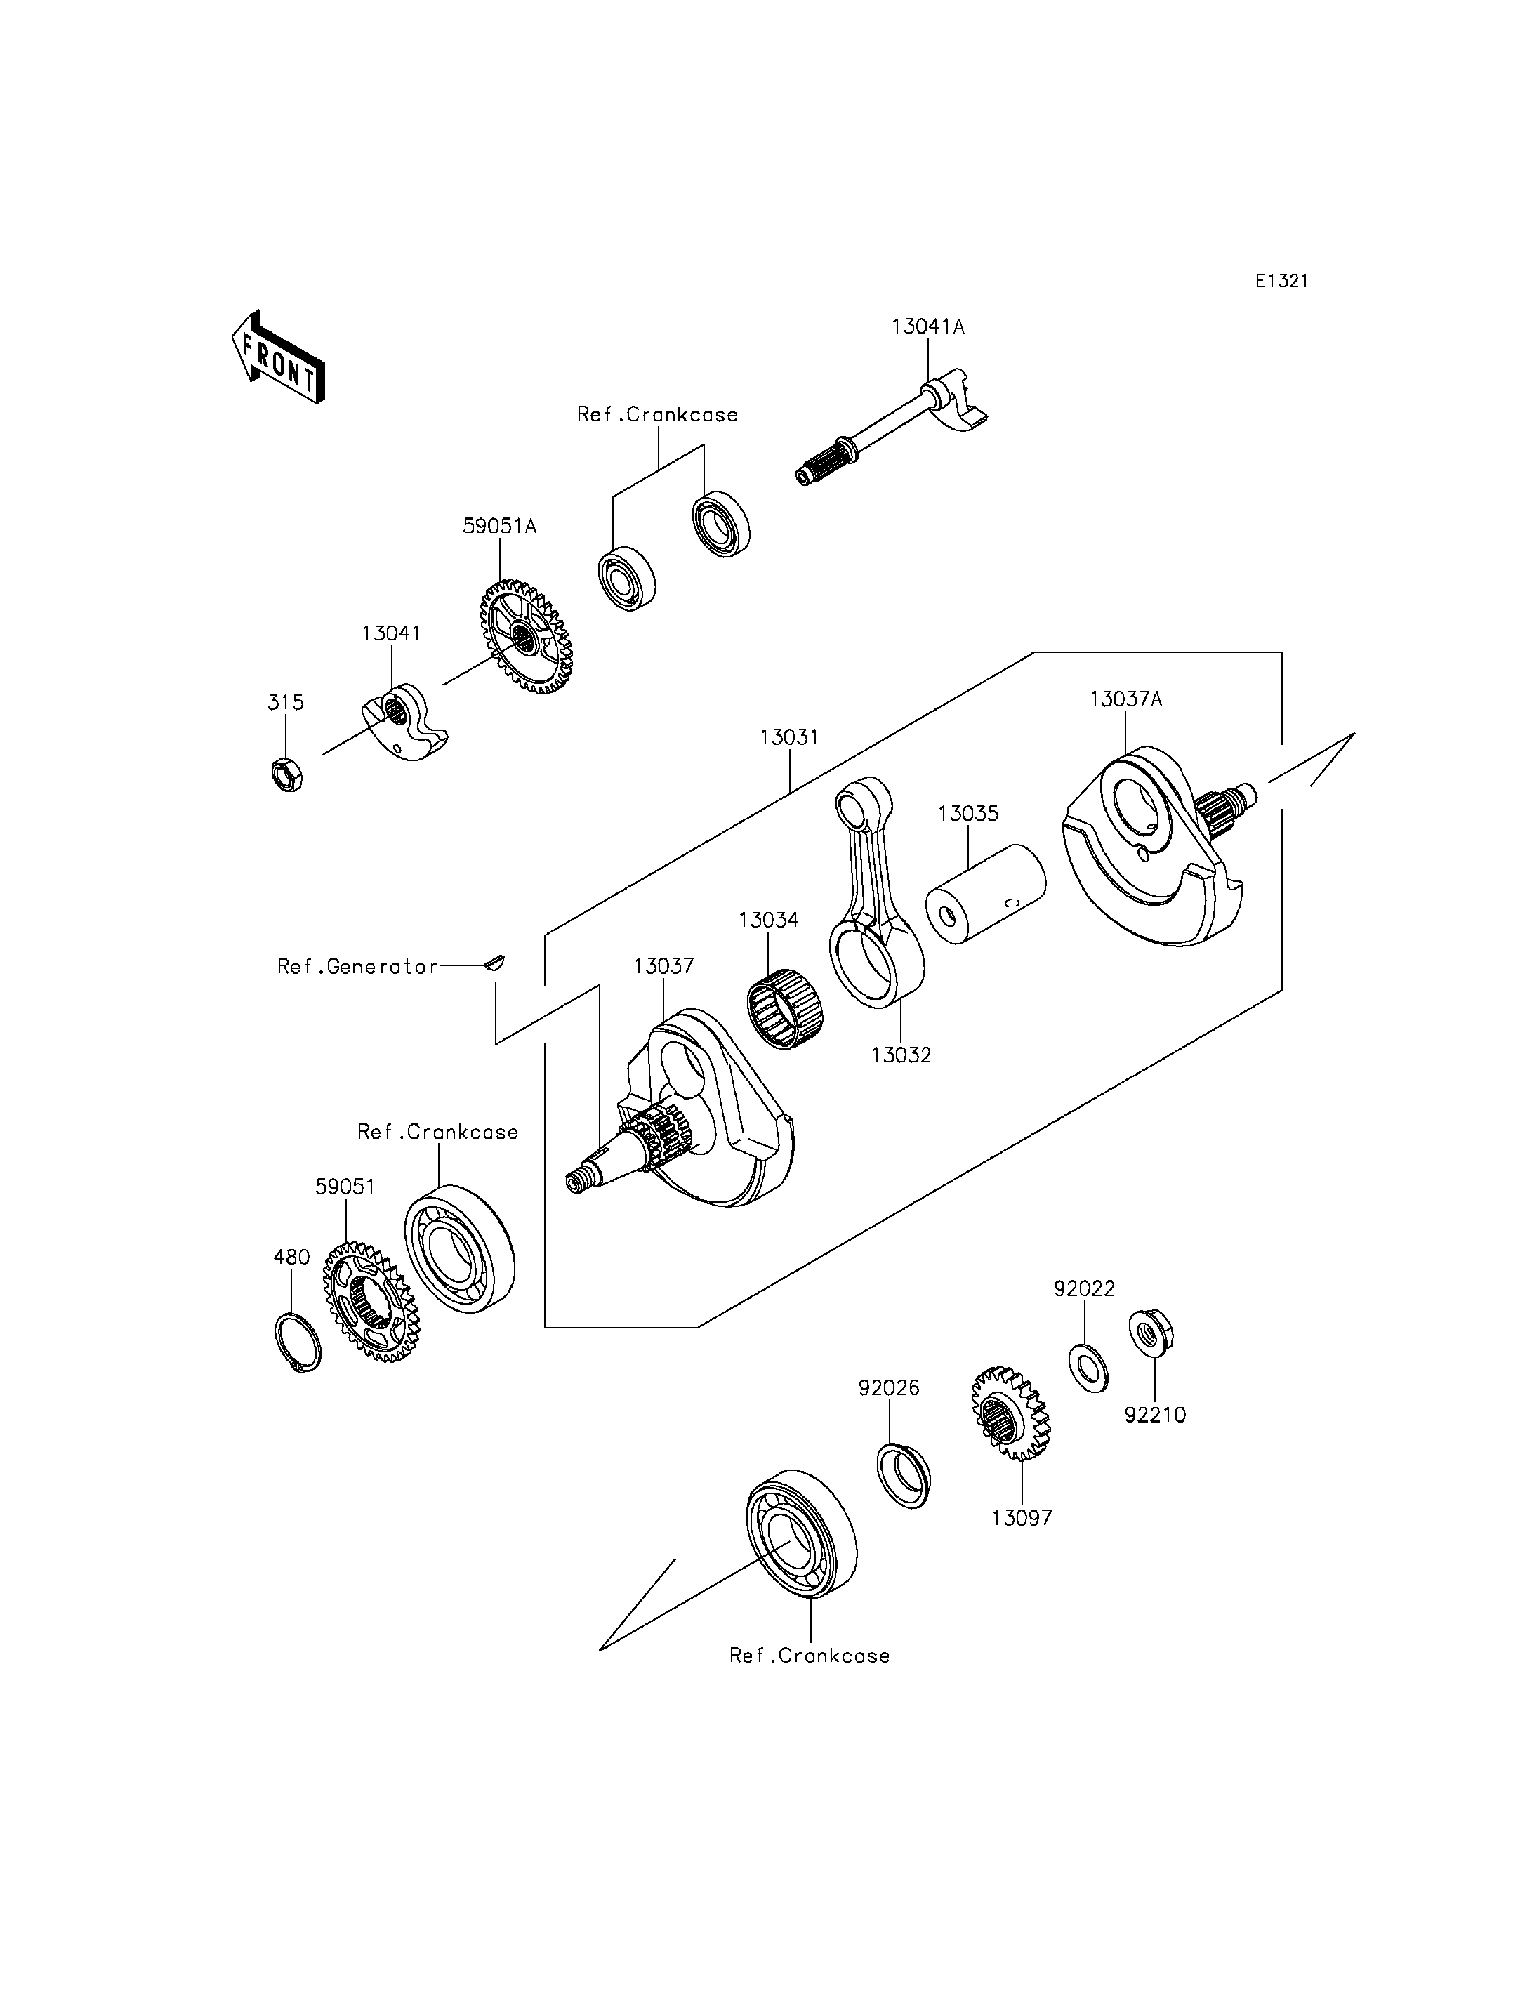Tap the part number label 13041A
tap(928, 327)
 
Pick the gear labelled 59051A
tap(526, 636)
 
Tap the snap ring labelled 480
tap(298, 1343)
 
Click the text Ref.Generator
tap(357, 967)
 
